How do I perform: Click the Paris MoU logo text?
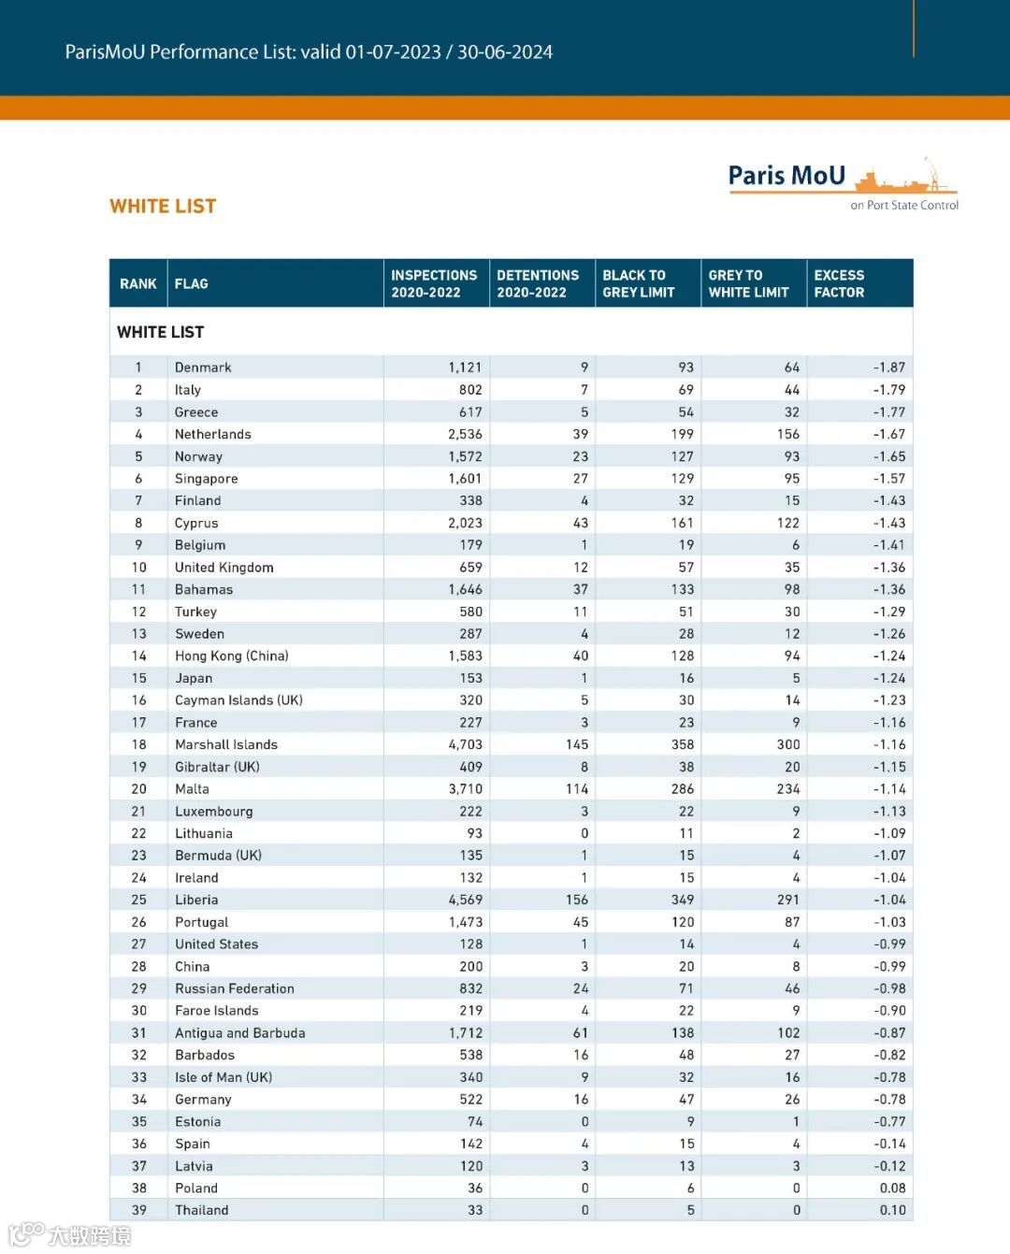786,176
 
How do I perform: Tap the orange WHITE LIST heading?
163,207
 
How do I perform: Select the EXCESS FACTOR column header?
839,283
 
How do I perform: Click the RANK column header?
138,283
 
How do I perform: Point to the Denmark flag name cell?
203,368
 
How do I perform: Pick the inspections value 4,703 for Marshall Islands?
465,744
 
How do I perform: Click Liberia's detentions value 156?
576,900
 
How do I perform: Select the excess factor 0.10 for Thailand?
892,1210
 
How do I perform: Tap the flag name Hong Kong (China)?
231,656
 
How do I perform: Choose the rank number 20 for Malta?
138,789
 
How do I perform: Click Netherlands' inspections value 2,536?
465,434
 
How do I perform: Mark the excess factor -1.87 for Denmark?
888,368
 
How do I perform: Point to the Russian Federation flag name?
234,988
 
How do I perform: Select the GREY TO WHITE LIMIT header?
748,283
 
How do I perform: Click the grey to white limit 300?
787,744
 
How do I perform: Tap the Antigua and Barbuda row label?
239,1033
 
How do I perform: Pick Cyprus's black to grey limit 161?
682,523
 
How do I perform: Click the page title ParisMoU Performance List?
309,52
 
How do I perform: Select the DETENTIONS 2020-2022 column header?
538,283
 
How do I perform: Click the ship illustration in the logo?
903,178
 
